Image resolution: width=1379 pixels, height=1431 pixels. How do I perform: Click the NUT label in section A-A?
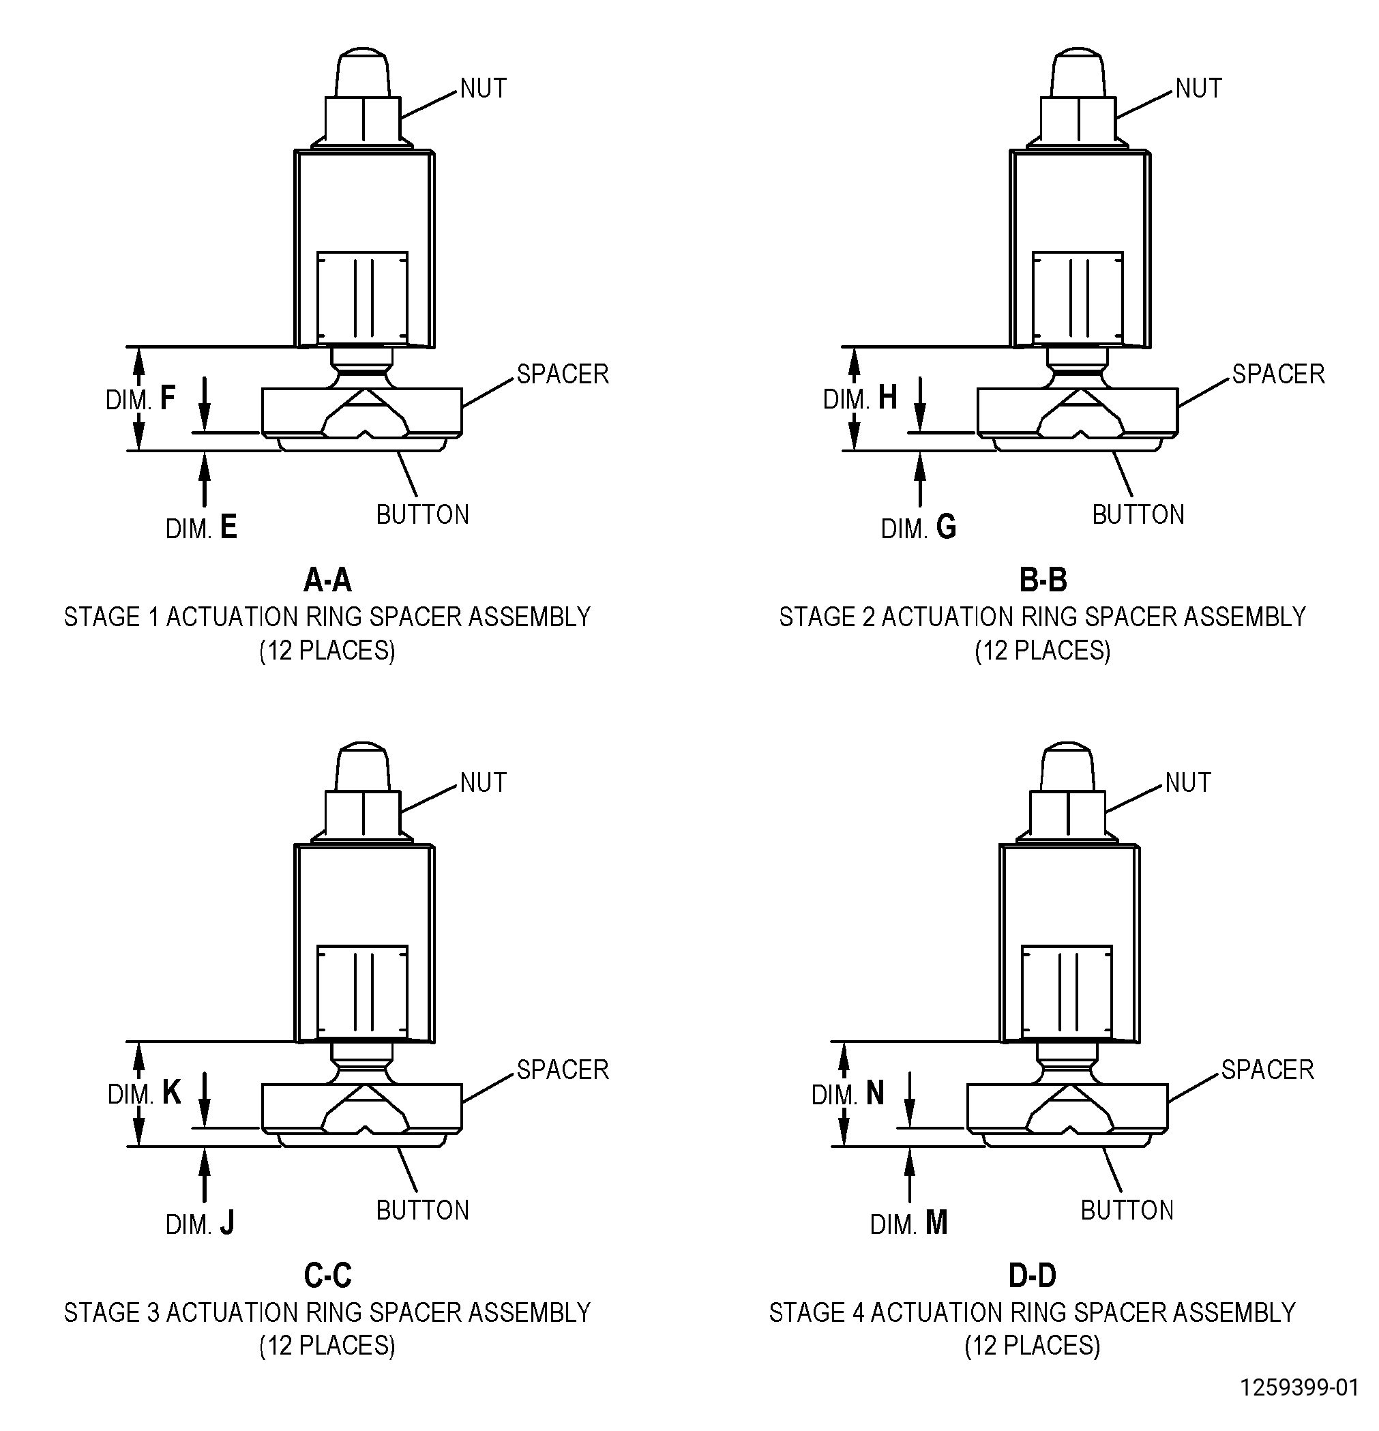[483, 89]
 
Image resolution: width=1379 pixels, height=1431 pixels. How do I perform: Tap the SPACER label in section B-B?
[1278, 374]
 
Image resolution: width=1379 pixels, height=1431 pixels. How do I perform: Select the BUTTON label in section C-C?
[423, 1210]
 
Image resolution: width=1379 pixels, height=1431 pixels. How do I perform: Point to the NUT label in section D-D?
[1188, 782]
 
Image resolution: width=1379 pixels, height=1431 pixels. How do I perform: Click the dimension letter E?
[228, 527]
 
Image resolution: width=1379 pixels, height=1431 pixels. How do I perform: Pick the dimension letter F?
[167, 398]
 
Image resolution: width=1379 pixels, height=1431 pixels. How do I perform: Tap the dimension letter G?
[946, 527]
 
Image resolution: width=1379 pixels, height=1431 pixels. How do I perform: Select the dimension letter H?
[888, 398]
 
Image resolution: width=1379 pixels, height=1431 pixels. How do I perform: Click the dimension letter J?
[227, 1222]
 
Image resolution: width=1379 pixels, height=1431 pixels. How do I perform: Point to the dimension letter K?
[170, 1093]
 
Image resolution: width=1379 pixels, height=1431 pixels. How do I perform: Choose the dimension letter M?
[936, 1222]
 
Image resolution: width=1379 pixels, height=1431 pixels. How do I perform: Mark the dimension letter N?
[875, 1093]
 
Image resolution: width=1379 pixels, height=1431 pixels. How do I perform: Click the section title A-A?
[328, 580]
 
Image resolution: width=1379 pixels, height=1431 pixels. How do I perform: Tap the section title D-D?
[1033, 1275]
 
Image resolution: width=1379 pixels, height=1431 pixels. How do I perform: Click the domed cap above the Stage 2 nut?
[1078, 73]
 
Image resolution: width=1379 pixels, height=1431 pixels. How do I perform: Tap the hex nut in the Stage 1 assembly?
[363, 120]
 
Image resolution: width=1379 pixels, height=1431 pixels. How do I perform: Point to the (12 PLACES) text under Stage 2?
[1043, 650]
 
